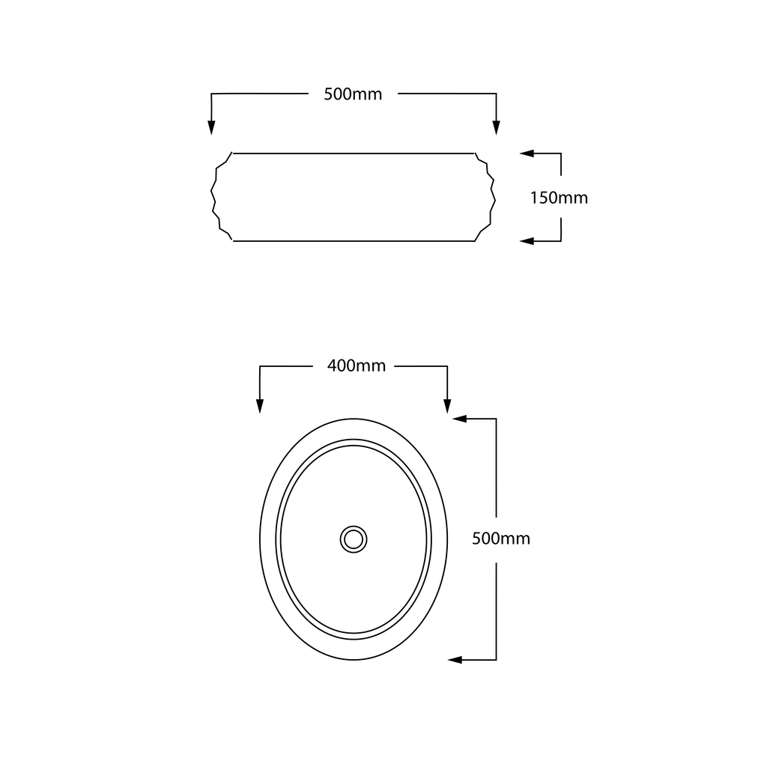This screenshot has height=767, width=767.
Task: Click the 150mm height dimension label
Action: tap(559, 198)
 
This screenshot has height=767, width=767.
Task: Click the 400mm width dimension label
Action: tap(356, 366)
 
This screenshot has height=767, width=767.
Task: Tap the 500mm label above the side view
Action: tap(353, 94)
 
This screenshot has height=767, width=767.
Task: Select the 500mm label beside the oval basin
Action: tap(501, 538)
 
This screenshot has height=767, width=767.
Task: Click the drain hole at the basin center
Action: tap(354, 539)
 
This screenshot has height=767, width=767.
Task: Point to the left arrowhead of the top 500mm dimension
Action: tap(211, 127)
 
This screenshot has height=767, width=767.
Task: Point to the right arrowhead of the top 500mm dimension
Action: tap(497, 127)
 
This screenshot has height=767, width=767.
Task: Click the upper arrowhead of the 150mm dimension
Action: tap(527, 154)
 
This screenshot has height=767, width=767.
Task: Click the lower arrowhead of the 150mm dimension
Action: tap(527, 240)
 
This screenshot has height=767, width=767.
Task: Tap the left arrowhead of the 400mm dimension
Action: tap(260, 406)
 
